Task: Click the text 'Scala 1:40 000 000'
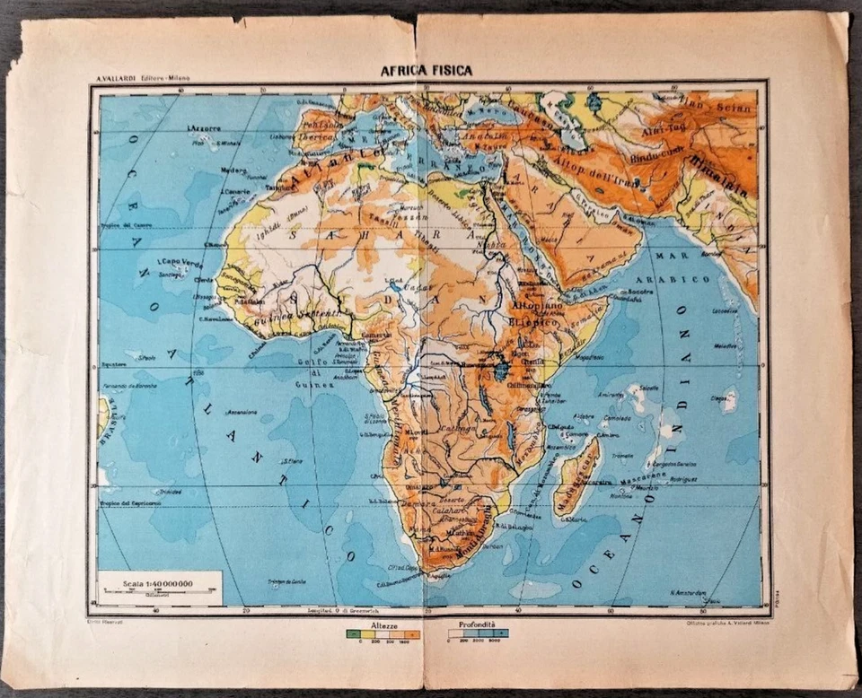(158, 584)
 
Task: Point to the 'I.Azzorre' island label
(205, 128)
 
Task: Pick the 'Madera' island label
(234, 170)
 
